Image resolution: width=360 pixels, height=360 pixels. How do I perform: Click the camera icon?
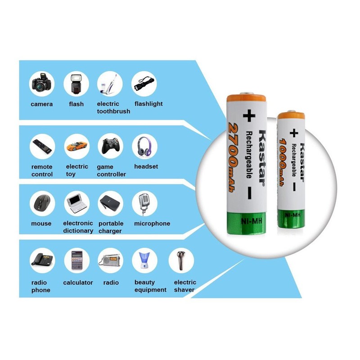pos(42,84)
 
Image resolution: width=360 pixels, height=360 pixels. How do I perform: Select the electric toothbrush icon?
pos(110,84)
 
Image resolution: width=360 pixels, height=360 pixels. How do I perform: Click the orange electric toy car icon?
pos(76,146)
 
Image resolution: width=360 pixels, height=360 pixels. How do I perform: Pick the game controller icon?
pos(110,146)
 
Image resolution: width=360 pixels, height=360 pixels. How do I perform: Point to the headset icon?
pos(144,146)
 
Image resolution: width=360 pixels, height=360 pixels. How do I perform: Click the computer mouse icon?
pos(42,203)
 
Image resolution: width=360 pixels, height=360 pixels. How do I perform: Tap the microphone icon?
pos(144,203)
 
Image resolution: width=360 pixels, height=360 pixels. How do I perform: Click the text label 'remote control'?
pos(42,171)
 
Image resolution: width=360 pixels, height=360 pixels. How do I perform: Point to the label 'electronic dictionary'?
pos(78,227)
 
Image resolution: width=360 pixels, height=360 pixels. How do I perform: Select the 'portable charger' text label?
pos(110,227)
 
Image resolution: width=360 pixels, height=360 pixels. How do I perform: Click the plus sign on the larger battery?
pos(247,116)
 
